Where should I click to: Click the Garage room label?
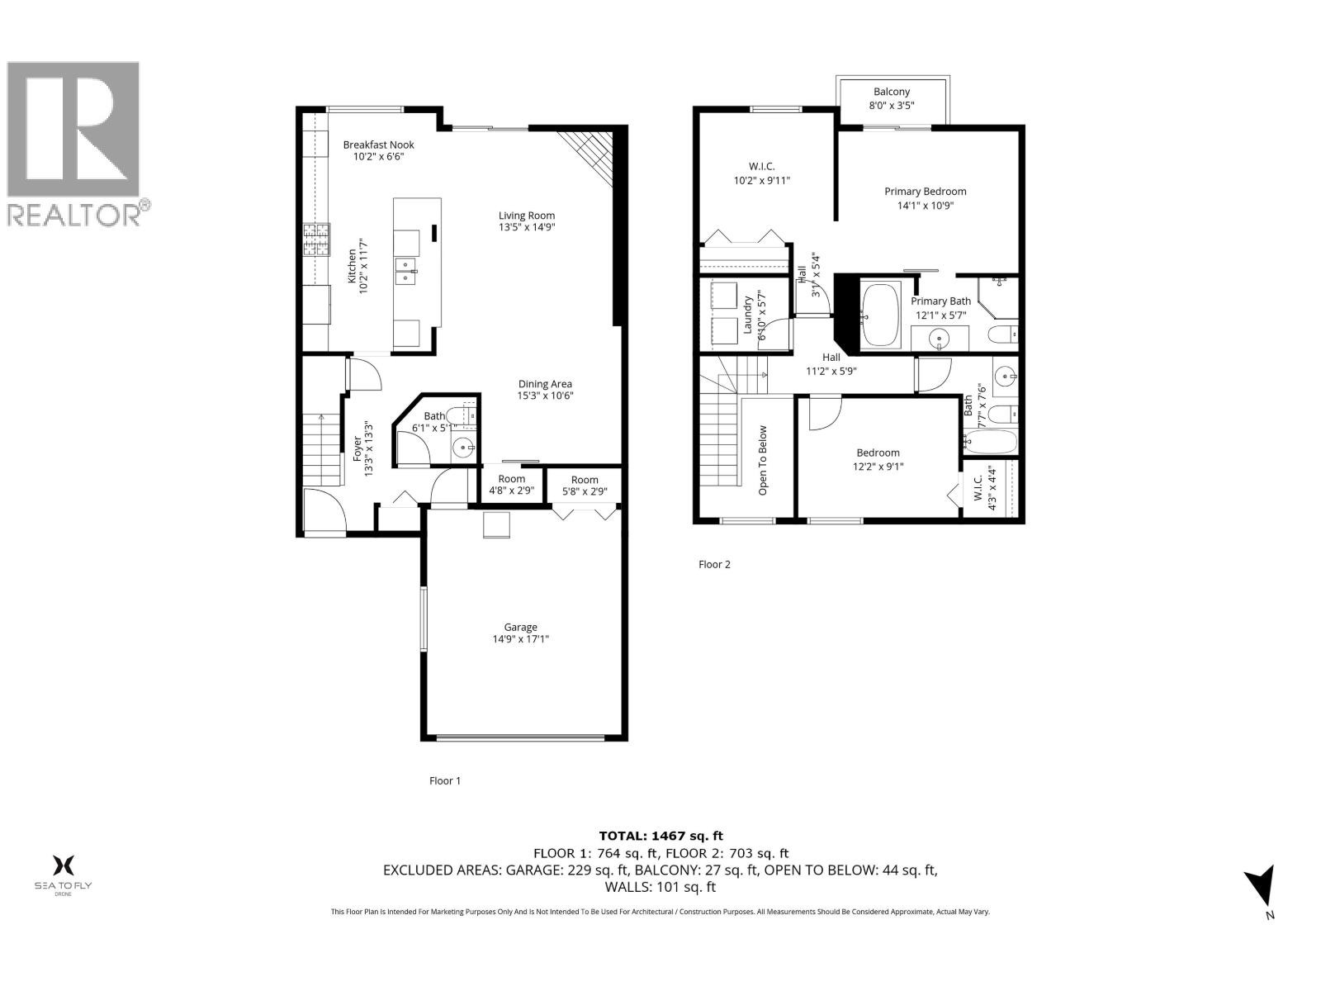pos(520,627)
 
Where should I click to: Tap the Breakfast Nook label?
pos(378,145)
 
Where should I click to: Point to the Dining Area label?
pos(545,384)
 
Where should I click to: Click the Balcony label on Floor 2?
pos(891,92)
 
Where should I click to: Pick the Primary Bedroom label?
pos(925,192)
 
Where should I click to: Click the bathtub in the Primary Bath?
pos(881,315)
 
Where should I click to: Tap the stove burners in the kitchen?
pos(316,240)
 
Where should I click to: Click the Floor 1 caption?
pos(445,780)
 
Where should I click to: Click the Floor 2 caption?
pos(714,565)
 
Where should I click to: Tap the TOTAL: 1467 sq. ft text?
pos(660,836)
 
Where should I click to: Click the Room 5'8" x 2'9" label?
pos(585,480)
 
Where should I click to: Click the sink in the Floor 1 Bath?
pos(464,448)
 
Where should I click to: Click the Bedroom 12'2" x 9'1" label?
pos(878,453)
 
